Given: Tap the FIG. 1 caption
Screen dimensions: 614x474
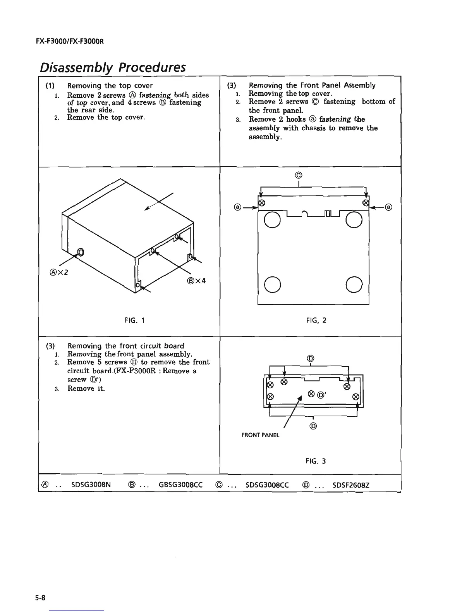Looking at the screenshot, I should [x=132, y=320].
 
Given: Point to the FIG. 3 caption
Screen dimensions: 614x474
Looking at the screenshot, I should [x=315, y=461].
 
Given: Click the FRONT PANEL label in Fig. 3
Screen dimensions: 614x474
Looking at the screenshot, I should [x=260, y=435].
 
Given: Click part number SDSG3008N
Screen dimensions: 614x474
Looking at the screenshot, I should [x=91, y=484].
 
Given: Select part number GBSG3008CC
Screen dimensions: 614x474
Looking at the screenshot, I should [x=181, y=484].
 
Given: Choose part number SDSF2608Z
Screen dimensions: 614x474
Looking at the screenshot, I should [x=351, y=484].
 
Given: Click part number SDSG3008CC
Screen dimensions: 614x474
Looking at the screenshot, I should [x=267, y=484].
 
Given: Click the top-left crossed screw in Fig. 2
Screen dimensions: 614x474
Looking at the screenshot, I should [x=261, y=203].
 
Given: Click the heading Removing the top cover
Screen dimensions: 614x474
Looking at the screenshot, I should [x=110, y=86].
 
